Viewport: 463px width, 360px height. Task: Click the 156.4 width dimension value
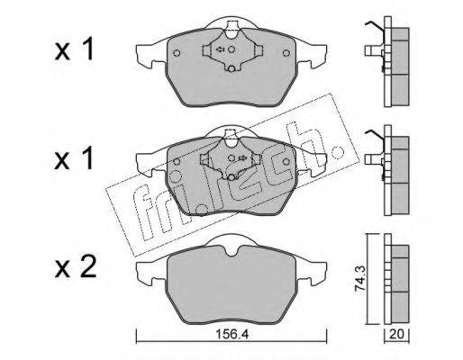[x=232, y=334]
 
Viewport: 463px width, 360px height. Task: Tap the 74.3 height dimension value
[x=359, y=279]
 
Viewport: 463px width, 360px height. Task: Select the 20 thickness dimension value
[x=396, y=334]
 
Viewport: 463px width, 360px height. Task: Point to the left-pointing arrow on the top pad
[x=221, y=49]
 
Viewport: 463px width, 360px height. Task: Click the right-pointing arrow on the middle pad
[x=242, y=157]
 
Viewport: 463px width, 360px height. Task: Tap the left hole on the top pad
[x=177, y=53]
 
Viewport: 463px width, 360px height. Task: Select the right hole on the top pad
[x=286, y=53]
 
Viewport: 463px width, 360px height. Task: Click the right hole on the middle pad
[x=286, y=162]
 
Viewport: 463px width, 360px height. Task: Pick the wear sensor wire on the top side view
[x=375, y=26]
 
